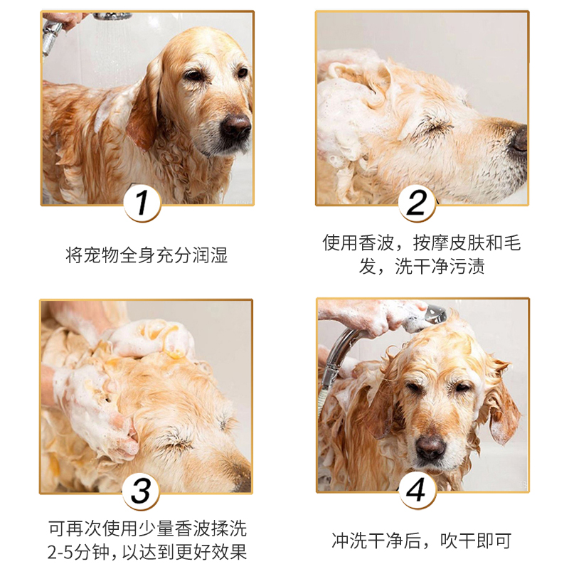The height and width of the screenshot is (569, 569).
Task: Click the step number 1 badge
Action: tap(142, 203)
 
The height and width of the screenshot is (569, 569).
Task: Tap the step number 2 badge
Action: tap(417, 203)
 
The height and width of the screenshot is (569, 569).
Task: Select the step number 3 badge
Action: tap(141, 491)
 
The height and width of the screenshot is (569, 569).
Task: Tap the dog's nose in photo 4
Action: tap(431, 447)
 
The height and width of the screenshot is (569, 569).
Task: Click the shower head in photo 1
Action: tap(112, 16)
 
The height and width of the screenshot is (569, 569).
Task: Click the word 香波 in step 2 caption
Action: tap(377, 243)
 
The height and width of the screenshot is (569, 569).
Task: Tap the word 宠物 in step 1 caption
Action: tap(102, 255)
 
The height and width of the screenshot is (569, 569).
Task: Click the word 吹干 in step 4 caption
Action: tap(457, 541)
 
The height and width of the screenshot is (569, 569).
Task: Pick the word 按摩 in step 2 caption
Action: tap(431, 243)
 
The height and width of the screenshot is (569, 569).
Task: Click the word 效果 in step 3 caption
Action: tap(230, 552)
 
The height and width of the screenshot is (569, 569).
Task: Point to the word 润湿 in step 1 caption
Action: tap(210, 255)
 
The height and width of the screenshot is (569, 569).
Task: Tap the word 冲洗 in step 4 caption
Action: tap(349, 541)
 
